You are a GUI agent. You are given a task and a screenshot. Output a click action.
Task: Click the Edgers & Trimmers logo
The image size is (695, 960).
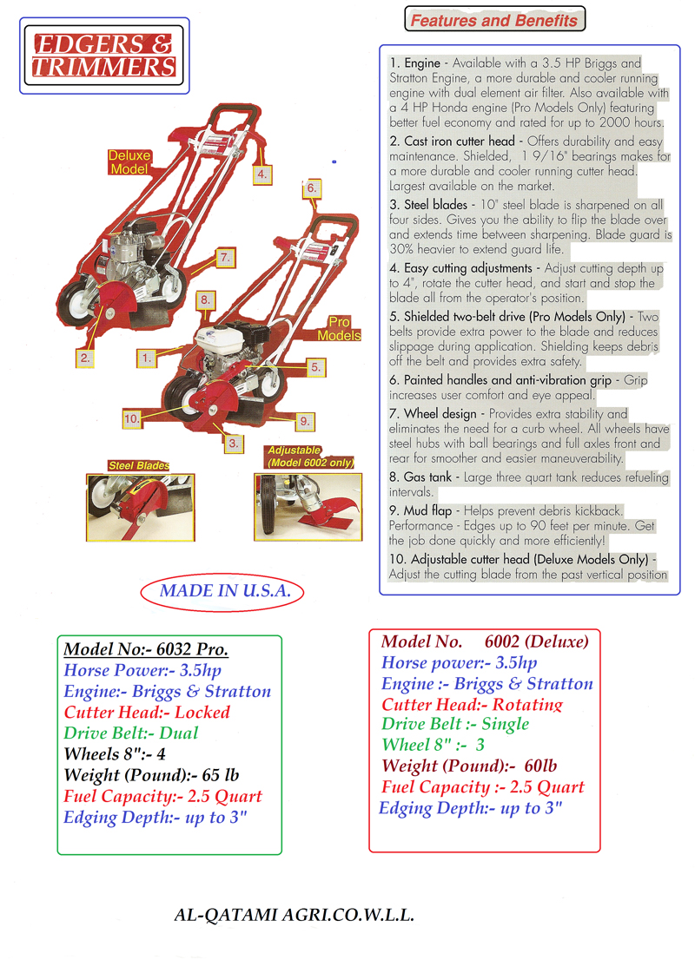click(103, 56)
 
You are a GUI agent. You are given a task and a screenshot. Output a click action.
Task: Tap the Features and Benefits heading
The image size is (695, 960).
click(493, 20)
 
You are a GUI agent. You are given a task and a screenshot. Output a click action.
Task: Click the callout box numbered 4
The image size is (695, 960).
click(261, 174)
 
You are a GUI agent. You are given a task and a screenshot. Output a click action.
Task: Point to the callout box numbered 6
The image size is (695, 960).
click(312, 187)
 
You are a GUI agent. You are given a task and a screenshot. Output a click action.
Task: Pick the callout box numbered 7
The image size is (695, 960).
click(224, 257)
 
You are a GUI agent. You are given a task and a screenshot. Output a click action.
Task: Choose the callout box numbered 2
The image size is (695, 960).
click(85, 356)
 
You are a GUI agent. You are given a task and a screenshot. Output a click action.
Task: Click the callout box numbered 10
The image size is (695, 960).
click(132, 418)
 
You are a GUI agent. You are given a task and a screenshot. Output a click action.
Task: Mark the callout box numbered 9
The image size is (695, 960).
click(304, 421)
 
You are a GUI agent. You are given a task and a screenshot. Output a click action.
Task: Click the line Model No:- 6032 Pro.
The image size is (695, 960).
click(146, 650)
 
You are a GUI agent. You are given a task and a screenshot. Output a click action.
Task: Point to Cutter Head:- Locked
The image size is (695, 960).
click(147, 713)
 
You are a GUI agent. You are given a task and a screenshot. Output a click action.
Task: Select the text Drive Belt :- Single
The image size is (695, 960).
click(455, 724)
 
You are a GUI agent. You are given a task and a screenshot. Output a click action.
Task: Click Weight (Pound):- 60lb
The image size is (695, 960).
click(469, 766)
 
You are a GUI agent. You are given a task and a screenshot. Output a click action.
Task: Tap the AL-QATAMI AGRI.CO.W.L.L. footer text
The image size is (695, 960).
click(295, 915)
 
